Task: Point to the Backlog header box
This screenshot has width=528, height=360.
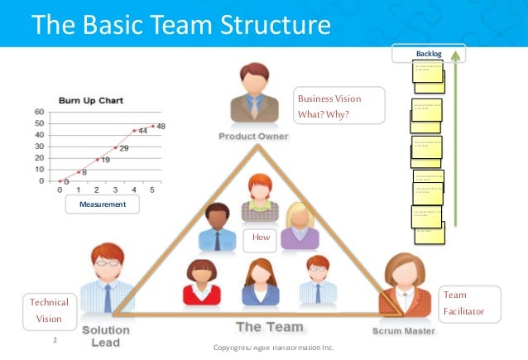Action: (x=430, y=55)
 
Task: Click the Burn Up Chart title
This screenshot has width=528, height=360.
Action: (x=90, y=101)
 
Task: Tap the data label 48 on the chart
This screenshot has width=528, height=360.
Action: (x=160, y=126)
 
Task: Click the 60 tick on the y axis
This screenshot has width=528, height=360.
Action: (x=39, y=112)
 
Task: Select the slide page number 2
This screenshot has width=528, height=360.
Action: (x=55, y=339)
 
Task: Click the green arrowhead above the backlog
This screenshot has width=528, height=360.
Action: (x=457, y=55)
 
